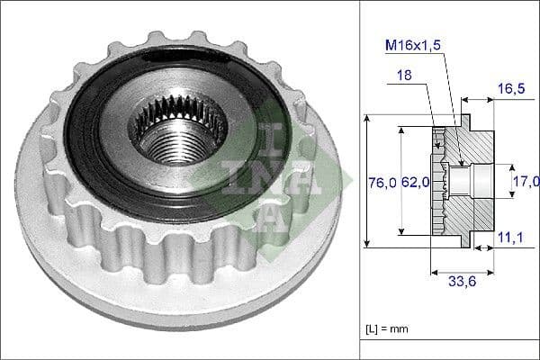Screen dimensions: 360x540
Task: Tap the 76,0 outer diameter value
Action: point(382,184)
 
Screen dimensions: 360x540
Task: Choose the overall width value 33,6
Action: point(463,281)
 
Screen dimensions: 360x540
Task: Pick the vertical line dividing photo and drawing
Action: point(360,180)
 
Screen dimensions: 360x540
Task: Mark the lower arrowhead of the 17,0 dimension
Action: point(509,195)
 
